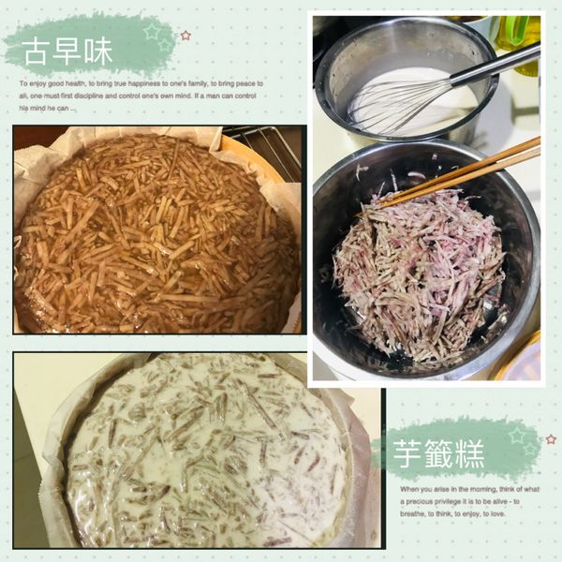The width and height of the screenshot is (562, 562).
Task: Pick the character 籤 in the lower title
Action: [440, 456]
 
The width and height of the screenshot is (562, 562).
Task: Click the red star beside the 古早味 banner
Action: [185, 36]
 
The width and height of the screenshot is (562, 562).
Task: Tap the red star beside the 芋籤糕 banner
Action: [551, 437]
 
